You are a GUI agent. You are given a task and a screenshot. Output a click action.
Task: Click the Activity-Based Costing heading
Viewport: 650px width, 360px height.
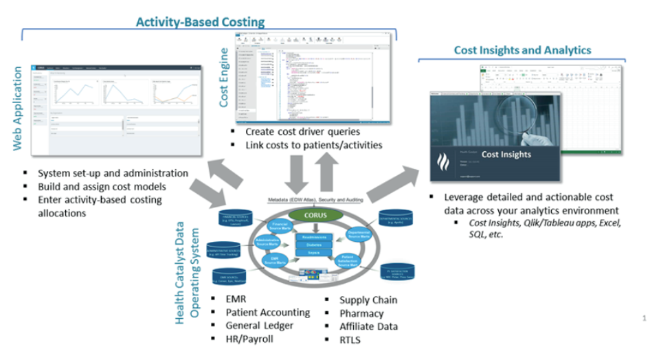pos(200,22)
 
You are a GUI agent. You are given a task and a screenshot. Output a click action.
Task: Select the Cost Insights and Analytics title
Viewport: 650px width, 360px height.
pos(522,50)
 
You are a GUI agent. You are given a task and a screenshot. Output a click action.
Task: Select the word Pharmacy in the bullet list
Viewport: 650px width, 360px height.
pos(362,313)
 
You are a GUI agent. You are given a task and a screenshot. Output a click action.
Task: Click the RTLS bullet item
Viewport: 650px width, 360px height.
pos(350,339)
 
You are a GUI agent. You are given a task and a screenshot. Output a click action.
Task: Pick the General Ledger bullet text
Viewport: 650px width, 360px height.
pos(260,326)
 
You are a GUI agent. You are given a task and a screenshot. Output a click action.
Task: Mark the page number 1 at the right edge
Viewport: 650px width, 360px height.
pos(644,318)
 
